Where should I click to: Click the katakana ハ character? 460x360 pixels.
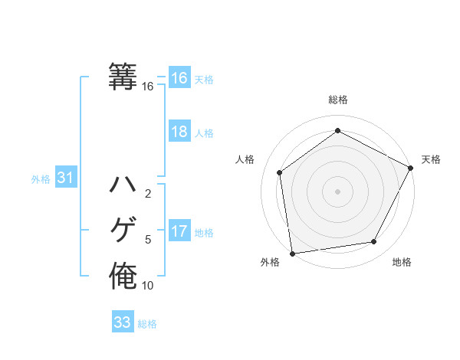coord(123,184)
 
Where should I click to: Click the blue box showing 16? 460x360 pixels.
coord(179,78)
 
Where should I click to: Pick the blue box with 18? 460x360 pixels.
coord(179,132)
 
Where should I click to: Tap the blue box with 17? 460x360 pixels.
coord(179,231)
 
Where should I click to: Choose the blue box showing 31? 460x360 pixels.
coord(66,178)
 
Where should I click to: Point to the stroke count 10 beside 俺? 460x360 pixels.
coord(148,286)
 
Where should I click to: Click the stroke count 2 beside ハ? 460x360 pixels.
coord(148,194)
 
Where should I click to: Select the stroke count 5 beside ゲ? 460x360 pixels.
coord(148,240)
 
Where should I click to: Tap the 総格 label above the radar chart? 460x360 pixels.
coord(338,100)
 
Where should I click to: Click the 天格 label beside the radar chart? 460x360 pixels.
coord(431,159)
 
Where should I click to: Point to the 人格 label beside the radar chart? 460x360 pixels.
coord(245,159)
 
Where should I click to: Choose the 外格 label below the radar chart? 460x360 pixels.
coord(270,262)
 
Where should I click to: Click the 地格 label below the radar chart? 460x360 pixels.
coord(402,262)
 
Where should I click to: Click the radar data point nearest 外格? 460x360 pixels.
coord(292,253)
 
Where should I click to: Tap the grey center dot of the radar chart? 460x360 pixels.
coord(338,190)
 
